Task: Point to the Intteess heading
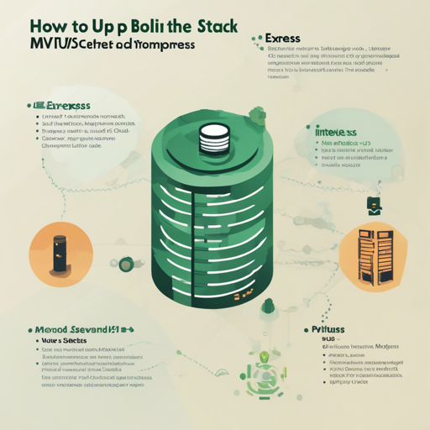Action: (335, 132)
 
